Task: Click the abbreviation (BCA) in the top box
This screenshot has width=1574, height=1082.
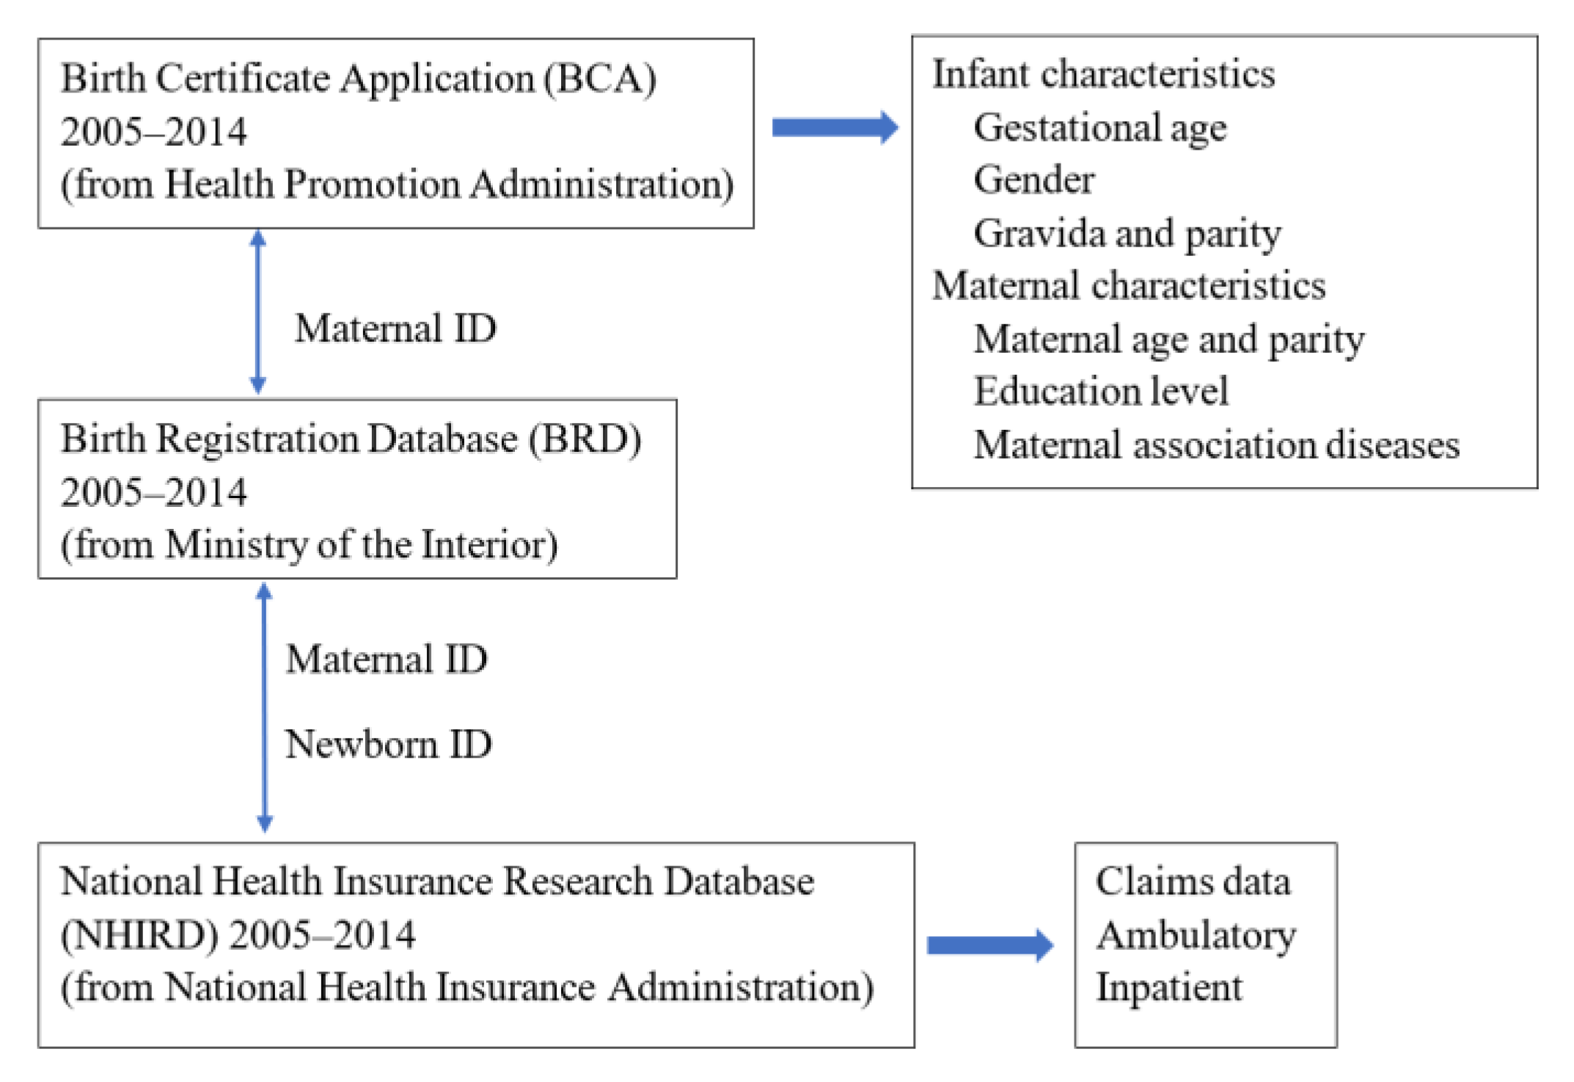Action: [600, 78]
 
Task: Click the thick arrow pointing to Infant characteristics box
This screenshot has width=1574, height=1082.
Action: [835, 128]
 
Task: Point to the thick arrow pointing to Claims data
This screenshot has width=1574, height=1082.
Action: [989, 945]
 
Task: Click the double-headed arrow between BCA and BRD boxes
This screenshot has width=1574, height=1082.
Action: [258, 312]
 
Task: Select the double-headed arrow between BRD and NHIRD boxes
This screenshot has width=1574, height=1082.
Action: [265, 708]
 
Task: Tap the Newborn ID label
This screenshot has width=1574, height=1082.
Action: [388, 745]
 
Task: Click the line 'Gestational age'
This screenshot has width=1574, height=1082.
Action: [1099, 128]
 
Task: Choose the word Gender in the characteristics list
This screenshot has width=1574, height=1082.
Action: [1033, 180]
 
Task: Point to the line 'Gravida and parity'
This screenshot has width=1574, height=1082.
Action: [1127, 233]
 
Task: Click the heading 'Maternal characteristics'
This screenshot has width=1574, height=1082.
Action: [1128, 285]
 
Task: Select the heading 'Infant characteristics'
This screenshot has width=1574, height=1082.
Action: [1103, 74]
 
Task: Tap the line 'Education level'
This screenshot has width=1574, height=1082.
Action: [1100, 391]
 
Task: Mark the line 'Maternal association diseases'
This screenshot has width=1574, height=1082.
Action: [1216, 445]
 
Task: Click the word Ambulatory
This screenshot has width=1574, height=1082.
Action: [1196, 935]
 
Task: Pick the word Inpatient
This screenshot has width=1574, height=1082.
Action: [1169, 987]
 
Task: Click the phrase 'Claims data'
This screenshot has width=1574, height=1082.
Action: [1193, 882]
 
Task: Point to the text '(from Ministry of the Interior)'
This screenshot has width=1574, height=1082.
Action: [309, 545]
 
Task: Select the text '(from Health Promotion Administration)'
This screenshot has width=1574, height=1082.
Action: [397, 184]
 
